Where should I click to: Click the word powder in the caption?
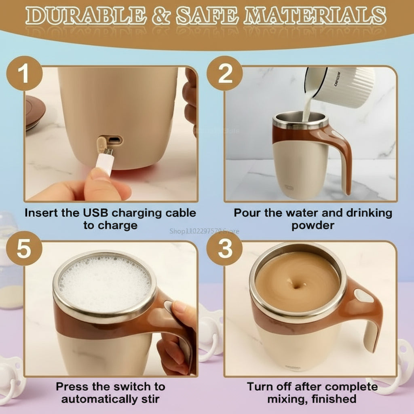(x=313, y=225)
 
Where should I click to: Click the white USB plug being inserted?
(x=104, y=164)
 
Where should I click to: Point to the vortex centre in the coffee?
(x=298, y=285)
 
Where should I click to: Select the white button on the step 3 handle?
(x=363, y=297)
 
